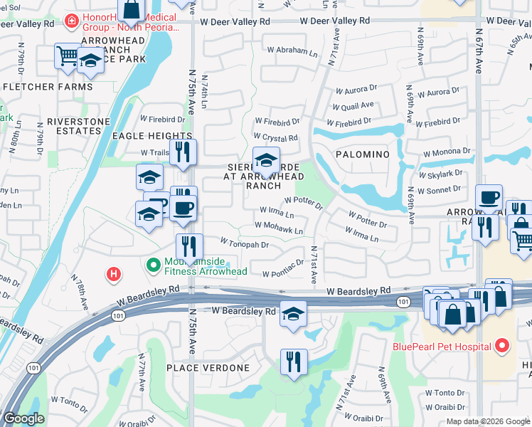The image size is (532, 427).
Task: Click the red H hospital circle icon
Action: click(x=112, y=273)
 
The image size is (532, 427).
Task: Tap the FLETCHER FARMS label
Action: click(x=48, y=87)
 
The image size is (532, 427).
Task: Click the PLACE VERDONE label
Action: click(x=208, y=368)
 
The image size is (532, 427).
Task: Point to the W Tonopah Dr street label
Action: click(x=244, y=244)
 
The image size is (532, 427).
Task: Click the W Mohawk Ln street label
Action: click(x=280, y=231)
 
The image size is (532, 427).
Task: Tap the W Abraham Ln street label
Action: click(x=292, y=51)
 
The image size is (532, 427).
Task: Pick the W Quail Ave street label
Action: click(x=353, y=106)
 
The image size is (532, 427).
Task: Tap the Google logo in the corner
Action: click(x=24, y=419)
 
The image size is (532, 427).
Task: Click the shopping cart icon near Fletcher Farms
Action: click(x=67, y=56)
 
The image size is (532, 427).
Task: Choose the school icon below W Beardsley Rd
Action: click(x=293, y=313)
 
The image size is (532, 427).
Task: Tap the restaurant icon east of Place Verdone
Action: click(x=293, y=361)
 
